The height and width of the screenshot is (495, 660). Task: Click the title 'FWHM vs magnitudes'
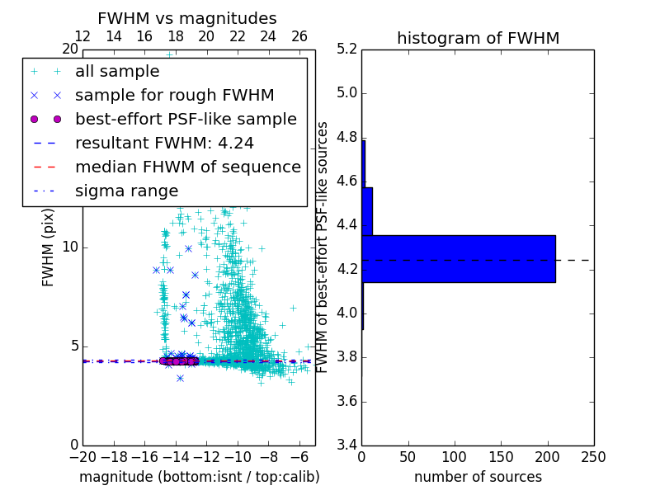click(x=187, y=19)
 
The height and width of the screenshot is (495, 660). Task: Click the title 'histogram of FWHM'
click(x=478, y=38)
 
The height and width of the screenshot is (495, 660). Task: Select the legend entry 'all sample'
click(x=117, y=72)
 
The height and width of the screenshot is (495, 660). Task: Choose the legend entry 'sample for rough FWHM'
click(x=174, y=95)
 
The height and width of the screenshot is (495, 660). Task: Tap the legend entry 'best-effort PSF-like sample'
click(x=186, y=119)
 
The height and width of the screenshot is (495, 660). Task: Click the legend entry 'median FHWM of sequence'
click(x=187, y=167)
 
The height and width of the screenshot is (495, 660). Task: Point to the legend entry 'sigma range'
click(x=126, y=191)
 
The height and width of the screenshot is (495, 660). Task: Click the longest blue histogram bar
click(x=458, y=258)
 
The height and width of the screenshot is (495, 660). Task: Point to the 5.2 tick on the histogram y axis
click(x=346, y=49)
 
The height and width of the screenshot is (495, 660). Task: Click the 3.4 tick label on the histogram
click(x=346, y=445)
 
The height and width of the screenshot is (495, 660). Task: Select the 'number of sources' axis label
click(x=478, y=477)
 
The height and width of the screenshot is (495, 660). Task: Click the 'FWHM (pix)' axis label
click(x=49, y=247)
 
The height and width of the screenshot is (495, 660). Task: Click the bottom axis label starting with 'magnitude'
click(x=199, y=477)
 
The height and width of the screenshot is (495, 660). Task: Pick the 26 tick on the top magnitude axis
click(x=299, y=36)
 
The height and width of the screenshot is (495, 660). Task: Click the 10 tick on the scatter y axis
click(x=69, y=247)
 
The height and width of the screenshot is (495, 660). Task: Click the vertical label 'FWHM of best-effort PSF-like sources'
click(x=323, y=247)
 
